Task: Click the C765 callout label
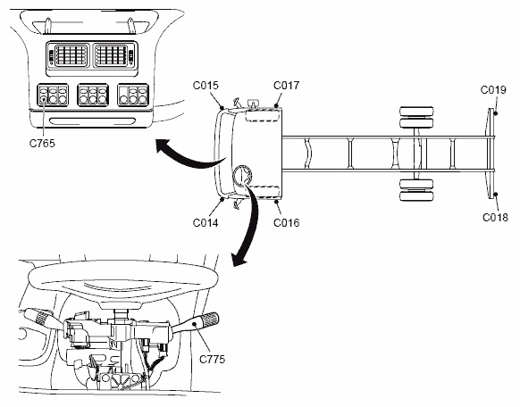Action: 42,144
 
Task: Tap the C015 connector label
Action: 205,86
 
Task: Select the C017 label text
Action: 286,86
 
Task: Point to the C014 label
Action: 205,223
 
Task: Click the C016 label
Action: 286,223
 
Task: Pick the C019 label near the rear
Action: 493,90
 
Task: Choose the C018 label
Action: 495,218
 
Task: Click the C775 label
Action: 213,360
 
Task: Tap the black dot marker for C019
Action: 496,113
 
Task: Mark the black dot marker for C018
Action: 496,194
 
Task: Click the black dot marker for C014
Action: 222,199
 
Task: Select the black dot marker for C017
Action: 276,105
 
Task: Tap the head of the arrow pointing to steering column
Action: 239,260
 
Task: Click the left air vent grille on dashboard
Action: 71,55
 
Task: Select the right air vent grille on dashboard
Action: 111,55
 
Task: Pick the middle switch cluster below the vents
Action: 93,95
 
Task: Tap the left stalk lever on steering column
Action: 40,317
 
